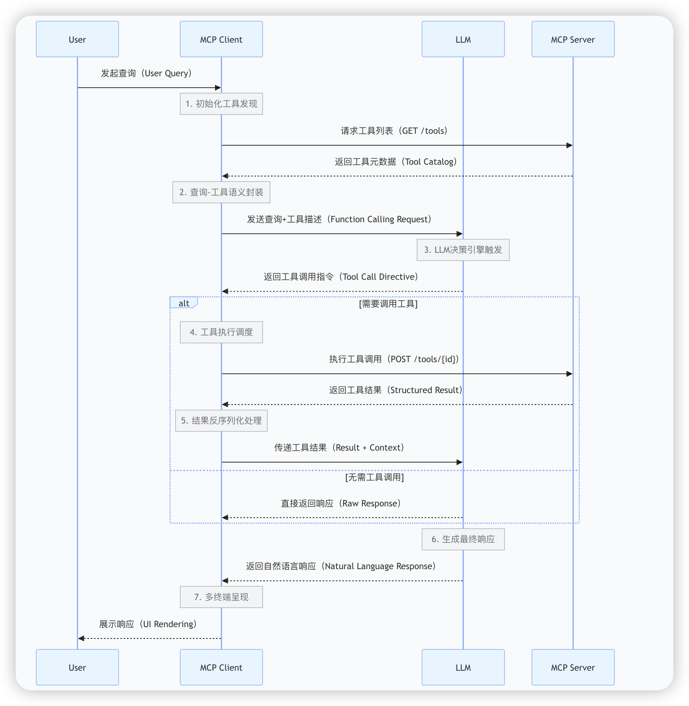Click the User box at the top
[x=77, y=39]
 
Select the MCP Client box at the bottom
[x=221, y=667]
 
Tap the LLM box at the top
[x=463, y=39]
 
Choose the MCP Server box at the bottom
[x=573, y=667]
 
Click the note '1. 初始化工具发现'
[x=221, y=104]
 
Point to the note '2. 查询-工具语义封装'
[x=221, y=192]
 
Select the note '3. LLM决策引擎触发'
[x=463, y=250]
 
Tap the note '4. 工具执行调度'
[x=221, y=332]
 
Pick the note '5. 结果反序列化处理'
[x=221, y=421]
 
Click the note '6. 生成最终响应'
[x=463, y=539]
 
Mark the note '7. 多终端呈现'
[x=221, y=597]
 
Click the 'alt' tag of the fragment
[x=184, y=303]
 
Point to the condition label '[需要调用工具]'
[x=388, y=304]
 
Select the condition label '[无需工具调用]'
[x=375, y=477]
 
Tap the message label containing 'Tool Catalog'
[x=396, y=162]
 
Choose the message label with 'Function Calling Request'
[x=339, y=219]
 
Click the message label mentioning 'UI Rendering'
[x=148, y=624]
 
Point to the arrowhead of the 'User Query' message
[x=218, y=88]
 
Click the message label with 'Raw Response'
[x=341, y=503]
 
